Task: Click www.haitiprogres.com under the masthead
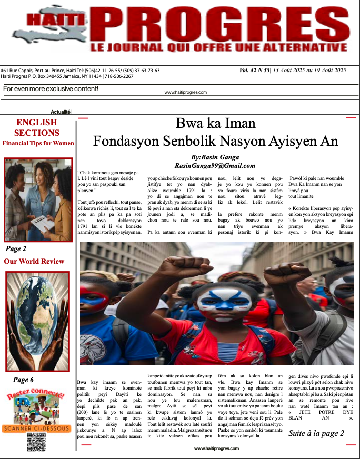tap(186, 92)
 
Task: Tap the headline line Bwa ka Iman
tap(215, 124)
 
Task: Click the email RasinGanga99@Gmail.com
tap(215, 165)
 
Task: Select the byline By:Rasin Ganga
tap(215, 157)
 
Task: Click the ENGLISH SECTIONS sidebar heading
tap(36, 128)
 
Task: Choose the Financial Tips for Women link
tap(38, 143)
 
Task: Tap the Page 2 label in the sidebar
tap(16, 249)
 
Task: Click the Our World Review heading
tap(34, 261)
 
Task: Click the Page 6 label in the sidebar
tap(23, 380)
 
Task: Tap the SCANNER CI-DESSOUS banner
tap(36, 428)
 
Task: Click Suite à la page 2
tap(316, 433)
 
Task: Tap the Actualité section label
tap(61, 112)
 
